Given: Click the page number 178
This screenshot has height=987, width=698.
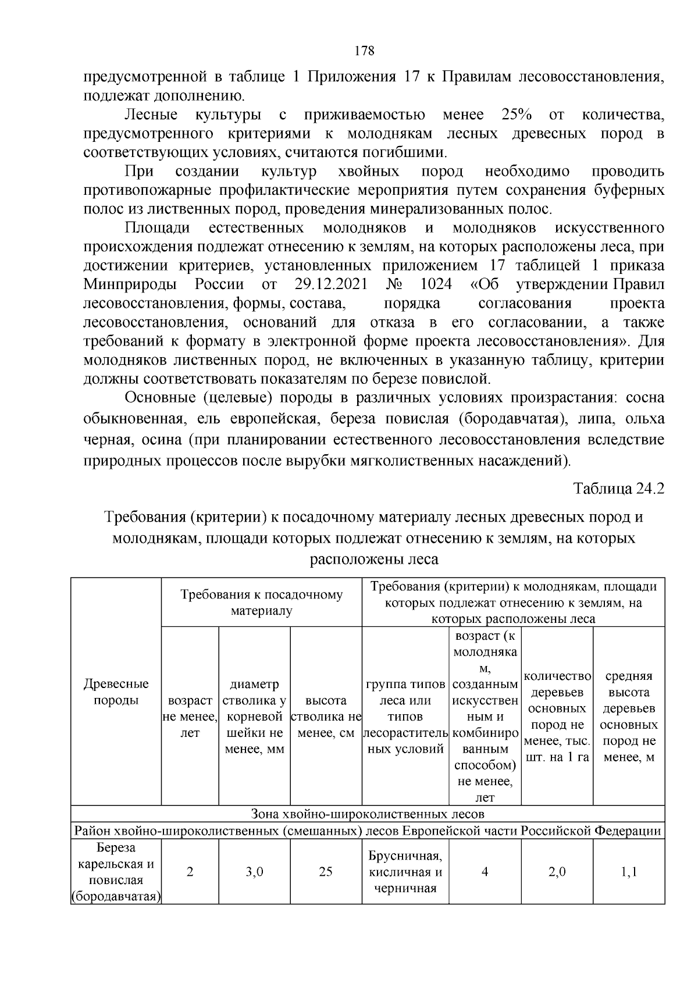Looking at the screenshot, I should [364, 51].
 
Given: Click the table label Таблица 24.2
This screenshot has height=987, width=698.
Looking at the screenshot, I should [618, 488].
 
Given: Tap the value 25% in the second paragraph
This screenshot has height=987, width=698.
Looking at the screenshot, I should [513, 115].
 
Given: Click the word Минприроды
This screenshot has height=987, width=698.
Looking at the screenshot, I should [130, 284].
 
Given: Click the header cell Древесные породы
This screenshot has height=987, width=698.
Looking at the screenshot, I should [116, 692].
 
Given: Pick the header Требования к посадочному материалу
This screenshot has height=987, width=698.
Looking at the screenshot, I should [261, 603].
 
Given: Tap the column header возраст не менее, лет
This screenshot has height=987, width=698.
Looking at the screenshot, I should [190, 717].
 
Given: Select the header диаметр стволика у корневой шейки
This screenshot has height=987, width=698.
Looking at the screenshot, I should [254, 717].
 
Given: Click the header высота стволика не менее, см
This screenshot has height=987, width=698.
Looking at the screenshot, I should [326, 717].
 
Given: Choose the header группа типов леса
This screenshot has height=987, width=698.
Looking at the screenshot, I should [405, 717].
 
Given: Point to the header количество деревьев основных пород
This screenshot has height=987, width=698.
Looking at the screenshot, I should [557, 717].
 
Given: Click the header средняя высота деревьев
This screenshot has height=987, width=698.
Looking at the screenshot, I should [628, 717].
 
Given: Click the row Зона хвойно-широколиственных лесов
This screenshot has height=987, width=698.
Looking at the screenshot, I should [367, 813].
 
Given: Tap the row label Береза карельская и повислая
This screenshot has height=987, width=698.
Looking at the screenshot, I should [116, 872].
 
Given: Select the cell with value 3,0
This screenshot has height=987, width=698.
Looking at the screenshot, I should [254, 872].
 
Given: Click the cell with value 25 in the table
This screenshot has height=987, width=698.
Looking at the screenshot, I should [326, 872].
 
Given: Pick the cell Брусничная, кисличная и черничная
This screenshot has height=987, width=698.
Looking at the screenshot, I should [405, 872].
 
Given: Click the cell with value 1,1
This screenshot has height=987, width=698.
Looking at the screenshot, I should [628, 872].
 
